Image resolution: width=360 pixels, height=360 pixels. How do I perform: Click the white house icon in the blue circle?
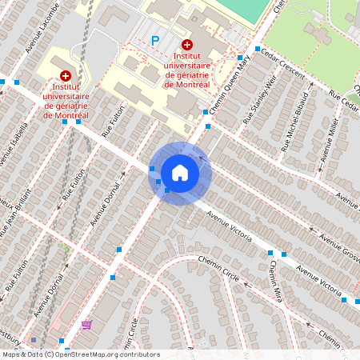180,172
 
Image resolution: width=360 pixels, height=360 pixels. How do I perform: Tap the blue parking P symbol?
156,40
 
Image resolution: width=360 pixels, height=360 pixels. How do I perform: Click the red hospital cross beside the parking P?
187,45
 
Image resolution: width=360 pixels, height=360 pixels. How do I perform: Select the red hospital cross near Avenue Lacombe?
65,74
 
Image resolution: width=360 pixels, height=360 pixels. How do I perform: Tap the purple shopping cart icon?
86,325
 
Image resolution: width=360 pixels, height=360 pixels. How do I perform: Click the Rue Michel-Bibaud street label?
296,127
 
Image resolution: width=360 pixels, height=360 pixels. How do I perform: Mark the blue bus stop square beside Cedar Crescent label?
257,49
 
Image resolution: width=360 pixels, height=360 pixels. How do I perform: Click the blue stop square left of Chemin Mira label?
270,253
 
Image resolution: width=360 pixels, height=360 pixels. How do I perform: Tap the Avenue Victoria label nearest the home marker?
230,226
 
